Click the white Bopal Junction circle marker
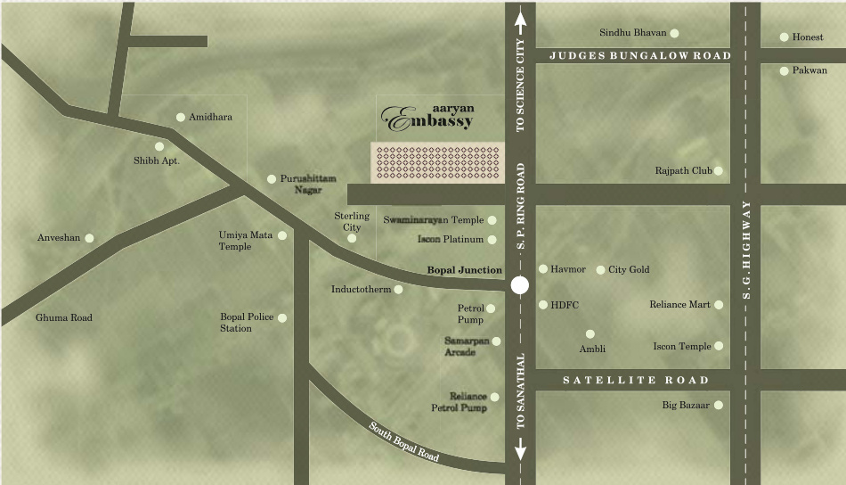(520, 286)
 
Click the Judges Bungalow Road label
(639, 55)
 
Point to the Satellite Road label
(636, 380)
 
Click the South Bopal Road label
(405, 440)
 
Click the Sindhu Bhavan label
(632, 33)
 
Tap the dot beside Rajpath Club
(718, 170)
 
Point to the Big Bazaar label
(686, 405)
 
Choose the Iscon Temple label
(682, 346)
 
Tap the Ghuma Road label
(63, 317)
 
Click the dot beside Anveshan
(89, 238)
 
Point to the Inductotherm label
(361, 289)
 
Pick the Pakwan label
(809, 70)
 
